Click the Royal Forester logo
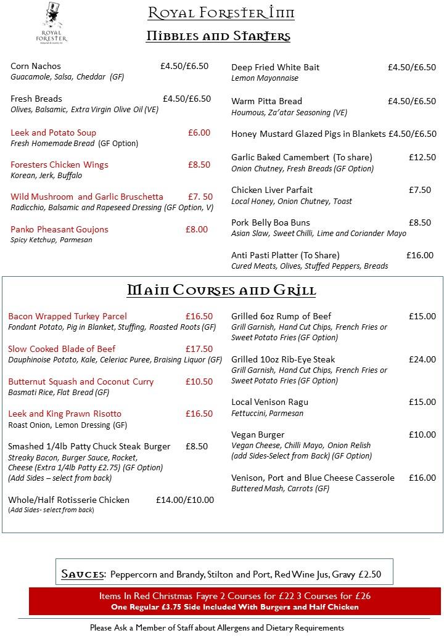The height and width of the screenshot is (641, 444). (x=54, y=23)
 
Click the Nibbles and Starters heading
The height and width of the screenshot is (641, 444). (x=218, y=36)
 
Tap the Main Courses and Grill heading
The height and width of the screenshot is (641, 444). (x=221, y=290)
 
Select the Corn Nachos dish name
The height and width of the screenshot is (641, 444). (x=36, y=66)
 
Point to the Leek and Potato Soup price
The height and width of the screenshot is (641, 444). (x=199, y=133)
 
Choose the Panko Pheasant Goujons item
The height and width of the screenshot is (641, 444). (x=59, y=229)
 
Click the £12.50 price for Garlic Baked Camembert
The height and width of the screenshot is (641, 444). (x=422, y=157)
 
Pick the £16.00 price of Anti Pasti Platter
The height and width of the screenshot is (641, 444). (x=419, y=255)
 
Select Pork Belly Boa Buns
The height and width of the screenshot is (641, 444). (x=271, y=223)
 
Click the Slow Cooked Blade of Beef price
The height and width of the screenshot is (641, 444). (x=199, y=349)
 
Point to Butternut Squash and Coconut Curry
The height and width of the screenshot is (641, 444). (x=81, y=382)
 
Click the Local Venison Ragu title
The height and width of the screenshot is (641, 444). (x=269, y=402)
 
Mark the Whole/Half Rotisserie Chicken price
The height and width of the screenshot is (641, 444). (x=184, y=500)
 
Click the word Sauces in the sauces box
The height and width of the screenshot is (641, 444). (x=83, y=574)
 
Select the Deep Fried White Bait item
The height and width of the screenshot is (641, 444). (x=275, y=67)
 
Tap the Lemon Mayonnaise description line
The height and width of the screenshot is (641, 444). (x=265, y=78)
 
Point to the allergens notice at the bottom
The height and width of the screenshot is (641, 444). (x=216, y=628)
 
